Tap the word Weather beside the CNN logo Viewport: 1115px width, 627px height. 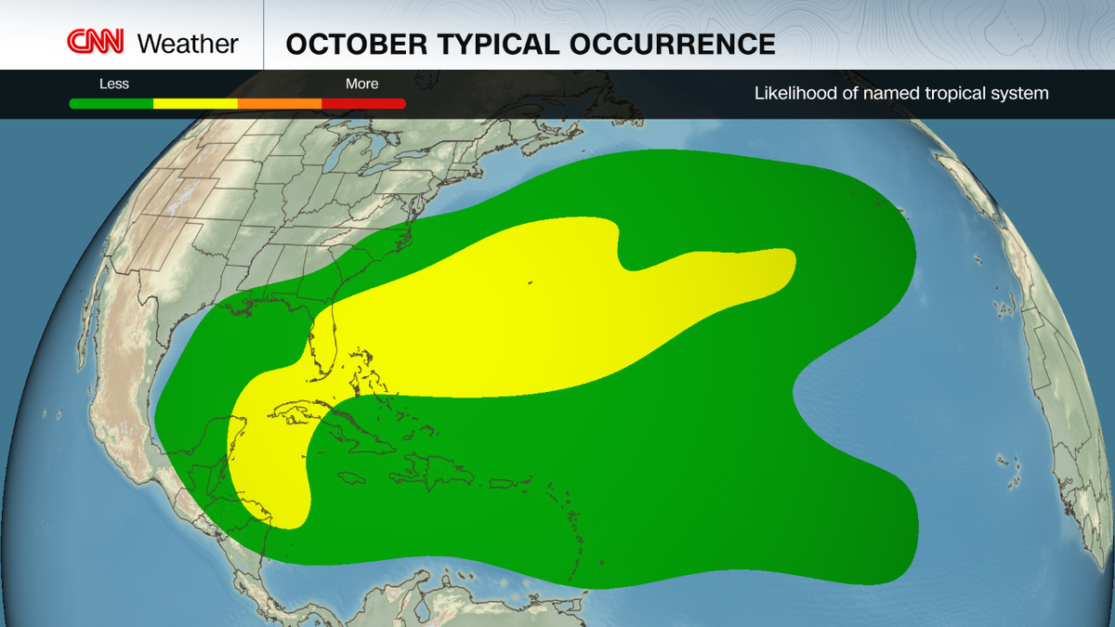[188, 44]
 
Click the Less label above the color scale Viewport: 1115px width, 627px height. [114, 84]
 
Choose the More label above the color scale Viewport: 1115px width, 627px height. [361, 84]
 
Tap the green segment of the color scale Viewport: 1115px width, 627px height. [111, 103]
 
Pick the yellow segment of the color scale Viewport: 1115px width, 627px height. [195, 103]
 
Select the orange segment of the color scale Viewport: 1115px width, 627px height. [280, 103]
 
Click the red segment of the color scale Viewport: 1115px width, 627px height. [363, 103]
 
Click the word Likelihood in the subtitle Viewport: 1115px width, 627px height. [791, 93]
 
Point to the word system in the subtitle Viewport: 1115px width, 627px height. [1021, 93]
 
